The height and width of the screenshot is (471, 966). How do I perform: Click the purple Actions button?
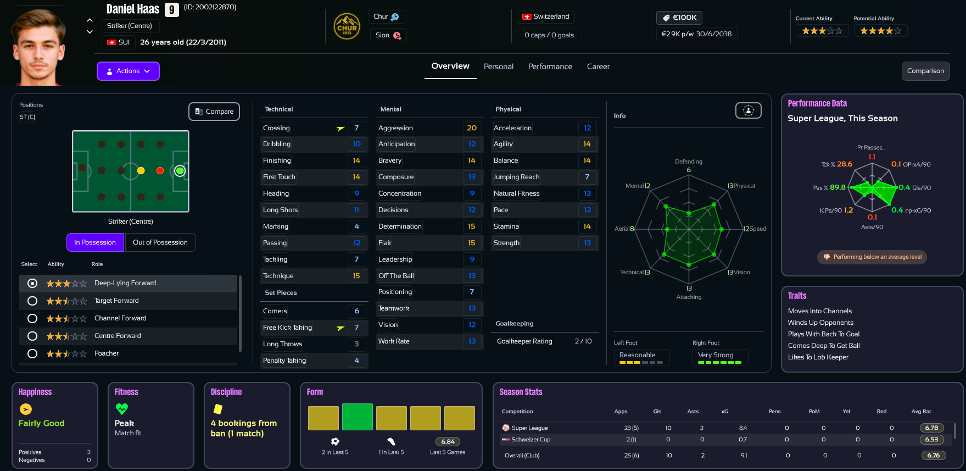[128, 71]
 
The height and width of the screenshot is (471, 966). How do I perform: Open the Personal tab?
[498, 67]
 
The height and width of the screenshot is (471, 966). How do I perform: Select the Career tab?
[598, 67]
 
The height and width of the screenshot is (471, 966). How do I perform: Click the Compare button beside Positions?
[214, 112]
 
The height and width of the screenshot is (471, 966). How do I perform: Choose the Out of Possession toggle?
[160, 242]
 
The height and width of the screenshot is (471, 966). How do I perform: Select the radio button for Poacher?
[32, 353]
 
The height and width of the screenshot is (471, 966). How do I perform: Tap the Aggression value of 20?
[472, 128]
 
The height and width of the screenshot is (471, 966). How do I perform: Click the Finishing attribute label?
[277, 160]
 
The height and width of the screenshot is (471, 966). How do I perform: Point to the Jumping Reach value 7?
[587, 177]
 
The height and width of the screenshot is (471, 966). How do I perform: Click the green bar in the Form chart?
[357, 417]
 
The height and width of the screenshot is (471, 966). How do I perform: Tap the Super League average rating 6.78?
[931, 428]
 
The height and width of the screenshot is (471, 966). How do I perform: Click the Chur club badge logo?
[347, 26]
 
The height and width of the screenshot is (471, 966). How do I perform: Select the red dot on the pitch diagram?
[160, 171]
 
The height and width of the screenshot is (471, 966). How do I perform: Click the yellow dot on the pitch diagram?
[141, 171]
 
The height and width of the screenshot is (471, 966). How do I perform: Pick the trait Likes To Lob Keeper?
[818, 357]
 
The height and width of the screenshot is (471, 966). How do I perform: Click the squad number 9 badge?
[172, 10]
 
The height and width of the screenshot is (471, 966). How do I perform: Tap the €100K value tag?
[679, 18]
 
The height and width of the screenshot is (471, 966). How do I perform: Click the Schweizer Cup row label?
[531, 440]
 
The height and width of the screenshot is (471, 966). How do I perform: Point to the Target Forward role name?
[116, 301]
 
